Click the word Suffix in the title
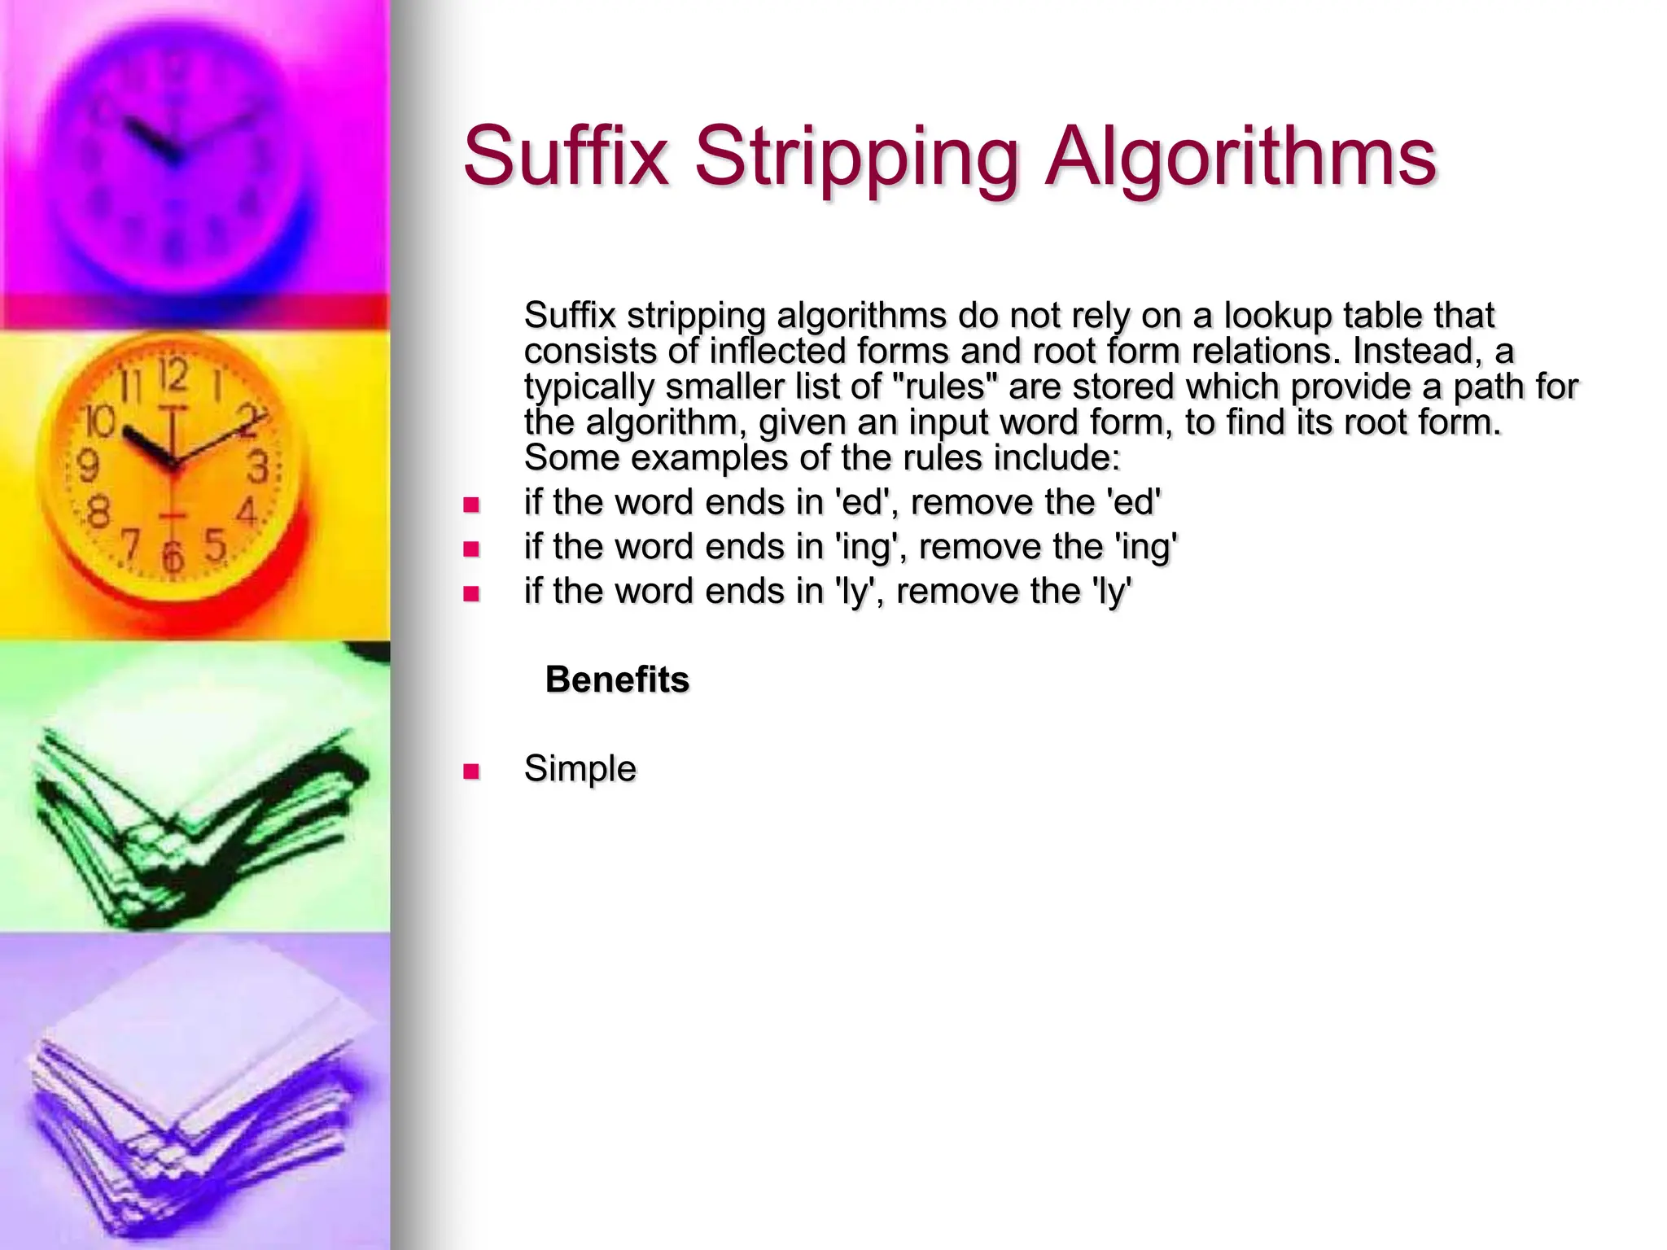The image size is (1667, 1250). coord(566,156)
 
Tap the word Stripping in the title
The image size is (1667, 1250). coord(856,156)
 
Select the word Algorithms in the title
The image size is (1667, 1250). coord(1240,156)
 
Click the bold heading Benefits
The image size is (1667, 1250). coord(617,680)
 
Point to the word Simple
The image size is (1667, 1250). coord(580,768)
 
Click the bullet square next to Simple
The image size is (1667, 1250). coord(471,771)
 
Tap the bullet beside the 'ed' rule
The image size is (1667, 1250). coord(471,505)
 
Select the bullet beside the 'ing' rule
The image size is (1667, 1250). coord(471,549)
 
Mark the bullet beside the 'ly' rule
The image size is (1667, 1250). coord(471,593)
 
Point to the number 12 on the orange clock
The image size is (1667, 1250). coord(173,376)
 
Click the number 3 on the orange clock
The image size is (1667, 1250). coord(258,468)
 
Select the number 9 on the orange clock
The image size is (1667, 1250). coord(88,466)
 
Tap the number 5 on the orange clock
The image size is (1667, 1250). coord(215,544)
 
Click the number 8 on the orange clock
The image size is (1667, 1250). coord(98,512)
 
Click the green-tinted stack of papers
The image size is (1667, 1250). coord(195,822)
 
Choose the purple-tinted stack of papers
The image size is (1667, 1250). coord(195,1107)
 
